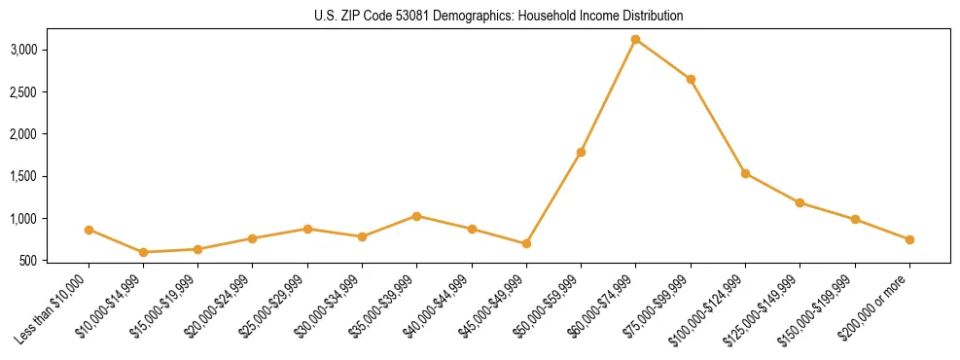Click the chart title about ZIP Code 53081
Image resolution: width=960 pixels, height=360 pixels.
coord(498,16)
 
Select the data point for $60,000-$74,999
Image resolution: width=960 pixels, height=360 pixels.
coord(636,40)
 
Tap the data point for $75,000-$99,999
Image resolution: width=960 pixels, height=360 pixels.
coord(691,79)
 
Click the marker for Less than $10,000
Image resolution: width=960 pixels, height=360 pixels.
coord(89,230)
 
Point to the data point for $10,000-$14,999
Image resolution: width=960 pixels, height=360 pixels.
coord(144,252)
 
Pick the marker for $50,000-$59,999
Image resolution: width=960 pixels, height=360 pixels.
coord(581,152)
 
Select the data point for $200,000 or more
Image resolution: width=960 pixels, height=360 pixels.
coord(909,239)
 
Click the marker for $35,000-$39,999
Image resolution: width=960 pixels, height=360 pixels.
coord(417,216)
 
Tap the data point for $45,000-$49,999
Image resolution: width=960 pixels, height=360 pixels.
coord(526,243)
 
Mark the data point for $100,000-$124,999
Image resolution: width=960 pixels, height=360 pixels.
coord(745,173)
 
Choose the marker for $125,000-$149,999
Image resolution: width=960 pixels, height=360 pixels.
coord(800,202)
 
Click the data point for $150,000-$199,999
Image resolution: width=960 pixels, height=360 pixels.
coord(855,219)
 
